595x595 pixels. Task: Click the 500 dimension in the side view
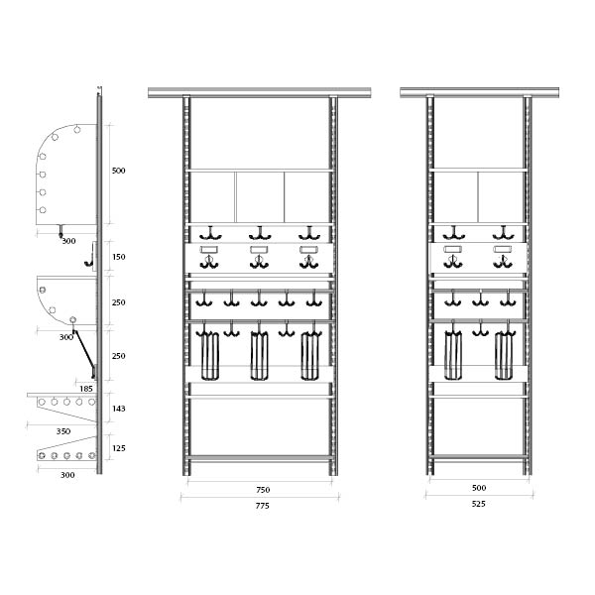(x=118, y=171)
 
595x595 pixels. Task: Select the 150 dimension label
(x=118, y=257)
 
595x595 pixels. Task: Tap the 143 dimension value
(x=118, y=409)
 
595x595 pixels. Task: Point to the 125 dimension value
(x=118, y=448)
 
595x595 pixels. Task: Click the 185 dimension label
(x=86, y=389)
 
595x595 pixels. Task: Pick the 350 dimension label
(x=63, y=431)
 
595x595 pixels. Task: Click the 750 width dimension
(x=263, y=490)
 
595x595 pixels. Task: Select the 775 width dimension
(x=262, y=506)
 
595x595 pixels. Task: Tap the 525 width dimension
(x=479, y=504)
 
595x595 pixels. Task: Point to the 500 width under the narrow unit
(x=479, y=488)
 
